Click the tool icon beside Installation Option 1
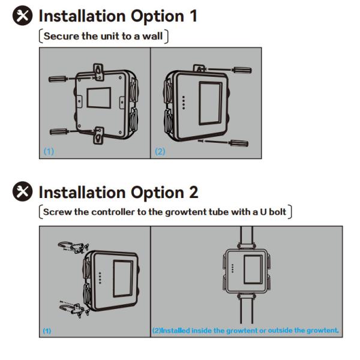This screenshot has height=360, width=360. [x=22, y=16]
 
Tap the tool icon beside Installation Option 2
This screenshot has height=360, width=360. [x=22, y=191]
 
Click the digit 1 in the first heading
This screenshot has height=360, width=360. [x=193, y=16]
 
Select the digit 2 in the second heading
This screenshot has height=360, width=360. [x=194, y=192]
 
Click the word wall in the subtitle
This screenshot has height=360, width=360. [x=152, y=36]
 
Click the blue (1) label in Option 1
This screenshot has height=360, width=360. [x=49, y=151]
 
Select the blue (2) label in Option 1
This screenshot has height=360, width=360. [x=160, y=152]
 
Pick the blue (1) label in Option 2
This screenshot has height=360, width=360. [x=47, y=331]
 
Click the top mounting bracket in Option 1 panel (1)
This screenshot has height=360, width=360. [x=98, y=72]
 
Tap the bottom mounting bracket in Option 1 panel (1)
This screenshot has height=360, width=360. [x=98, y=136]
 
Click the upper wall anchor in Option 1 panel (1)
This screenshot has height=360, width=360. [x=58, y=79]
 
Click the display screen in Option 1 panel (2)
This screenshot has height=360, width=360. [x=211, y=103]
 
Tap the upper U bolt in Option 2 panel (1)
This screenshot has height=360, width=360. [x=65, y=245]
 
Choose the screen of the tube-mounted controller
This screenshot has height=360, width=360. [x=253, y=269]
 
